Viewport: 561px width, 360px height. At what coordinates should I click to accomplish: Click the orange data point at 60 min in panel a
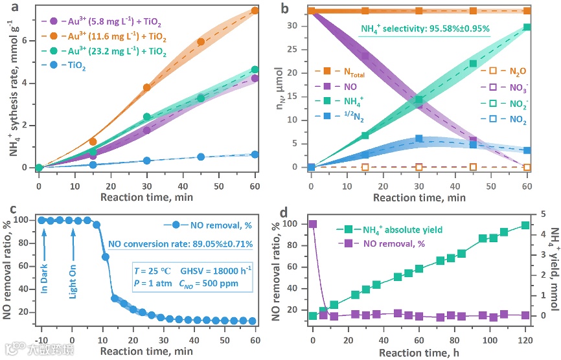pyautogui.click(x=255, y=10)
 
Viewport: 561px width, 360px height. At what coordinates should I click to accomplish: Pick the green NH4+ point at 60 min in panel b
pyautogui.click(x=527, y=27)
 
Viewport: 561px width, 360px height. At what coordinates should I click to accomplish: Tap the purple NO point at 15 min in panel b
pyautogui.click(x=365, y=56)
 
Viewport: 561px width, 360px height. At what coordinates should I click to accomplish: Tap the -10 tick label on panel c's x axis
pyautogui.click(x=42, y=341)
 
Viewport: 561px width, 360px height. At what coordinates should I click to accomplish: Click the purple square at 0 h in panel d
pyautogui.click(x=313, y=224)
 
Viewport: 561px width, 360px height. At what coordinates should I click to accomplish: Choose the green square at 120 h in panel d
pyautogui.click(x=525, y=225)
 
